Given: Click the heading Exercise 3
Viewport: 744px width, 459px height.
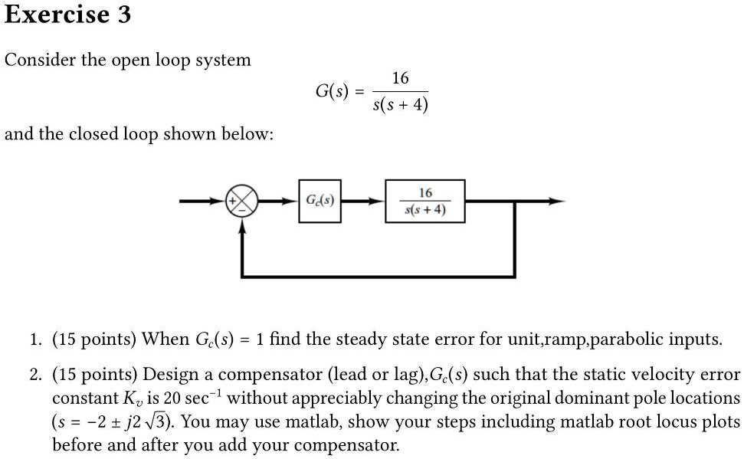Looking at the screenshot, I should tap(67, 14).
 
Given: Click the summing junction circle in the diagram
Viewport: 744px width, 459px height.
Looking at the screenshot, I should tap(242, 202).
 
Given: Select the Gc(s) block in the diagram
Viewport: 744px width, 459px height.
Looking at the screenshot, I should tap(320, 202).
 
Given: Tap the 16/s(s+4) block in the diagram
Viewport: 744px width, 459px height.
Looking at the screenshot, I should tap(424, 202).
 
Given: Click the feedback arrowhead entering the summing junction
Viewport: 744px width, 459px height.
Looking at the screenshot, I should tap(242, 223).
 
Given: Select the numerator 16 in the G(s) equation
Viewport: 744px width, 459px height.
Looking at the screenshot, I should tap(400, 78).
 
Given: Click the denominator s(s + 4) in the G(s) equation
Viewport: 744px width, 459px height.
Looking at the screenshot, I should tap(400, 104).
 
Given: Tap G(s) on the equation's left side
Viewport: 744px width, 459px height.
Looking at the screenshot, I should tap(333, 91).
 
